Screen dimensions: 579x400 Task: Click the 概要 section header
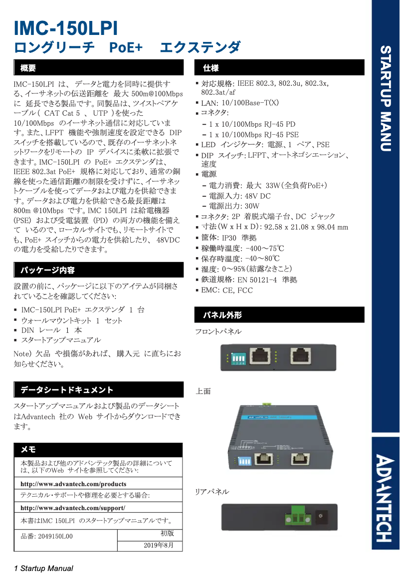coord(28,67)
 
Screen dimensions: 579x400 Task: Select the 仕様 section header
coord(210,67)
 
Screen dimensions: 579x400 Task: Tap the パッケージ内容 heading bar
coord(47,270)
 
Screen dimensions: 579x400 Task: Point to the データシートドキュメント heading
coord(66,390)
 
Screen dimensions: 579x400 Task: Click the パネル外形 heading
coord(222,315)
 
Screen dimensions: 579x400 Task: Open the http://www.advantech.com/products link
coord(73,484)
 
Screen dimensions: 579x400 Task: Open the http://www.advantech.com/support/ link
coord(73,508)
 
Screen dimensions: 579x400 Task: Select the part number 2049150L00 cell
coord(46,536)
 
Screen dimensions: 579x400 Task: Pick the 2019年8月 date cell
coord(160,545)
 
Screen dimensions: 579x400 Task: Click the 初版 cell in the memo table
coord(167,533)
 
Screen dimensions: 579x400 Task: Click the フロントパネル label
coord(218,331)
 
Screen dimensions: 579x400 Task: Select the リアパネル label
coord(212,492)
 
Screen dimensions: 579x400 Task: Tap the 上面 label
coord(203,391)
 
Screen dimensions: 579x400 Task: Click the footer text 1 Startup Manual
coord(44,569)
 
